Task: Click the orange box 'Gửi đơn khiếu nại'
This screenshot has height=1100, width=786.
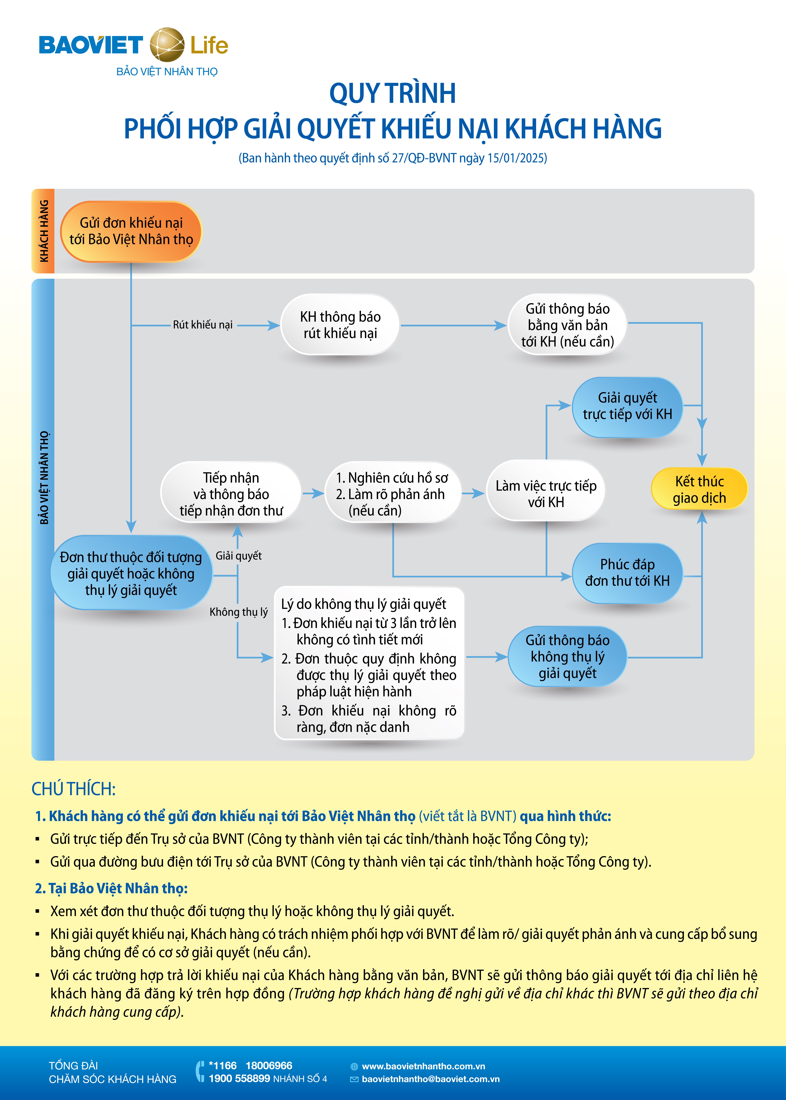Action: (x=131, y=231)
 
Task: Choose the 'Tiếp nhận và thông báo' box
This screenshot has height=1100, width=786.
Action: (x=231, y=493)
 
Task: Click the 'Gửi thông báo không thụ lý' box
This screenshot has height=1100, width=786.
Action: (x=567, y=656)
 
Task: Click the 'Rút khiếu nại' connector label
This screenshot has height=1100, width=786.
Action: (x=203, y=325)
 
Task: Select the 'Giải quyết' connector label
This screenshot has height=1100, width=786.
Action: (x=239, y=556)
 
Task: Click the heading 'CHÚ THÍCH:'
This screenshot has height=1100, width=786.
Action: (x=74, y=789)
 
